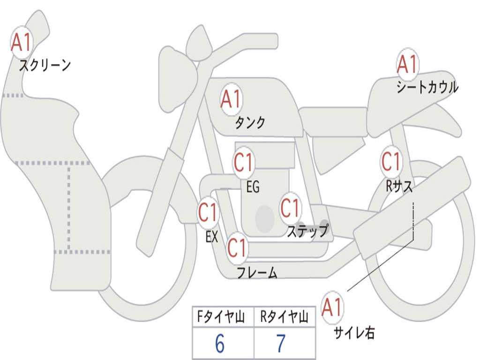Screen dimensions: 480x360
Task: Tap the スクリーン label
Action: click(x=45, y=65)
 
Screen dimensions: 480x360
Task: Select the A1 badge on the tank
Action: click(x=231, y=99)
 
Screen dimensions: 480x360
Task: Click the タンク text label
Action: click(x=250, y=122)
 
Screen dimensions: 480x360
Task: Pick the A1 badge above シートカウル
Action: click(x=407, y=64)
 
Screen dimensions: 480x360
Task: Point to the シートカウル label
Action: click(x=427, y=87)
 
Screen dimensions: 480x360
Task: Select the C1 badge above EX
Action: click(x=208, y=212)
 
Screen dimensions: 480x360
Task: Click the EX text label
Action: click(x=212, y=237)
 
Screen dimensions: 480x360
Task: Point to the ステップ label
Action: click(x=307, y=231)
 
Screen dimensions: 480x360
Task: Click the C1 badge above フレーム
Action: click(x=237, y=247)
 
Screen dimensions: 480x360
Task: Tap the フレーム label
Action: click(x=257, y=272)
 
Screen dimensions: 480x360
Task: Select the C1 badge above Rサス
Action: click(x=391, y=162)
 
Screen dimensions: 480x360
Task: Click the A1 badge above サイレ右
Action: click(x=332, y=307)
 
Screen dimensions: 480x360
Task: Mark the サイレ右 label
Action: click(x=354, y=332)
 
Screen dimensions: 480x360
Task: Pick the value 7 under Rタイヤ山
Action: click(x=281, y=344)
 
